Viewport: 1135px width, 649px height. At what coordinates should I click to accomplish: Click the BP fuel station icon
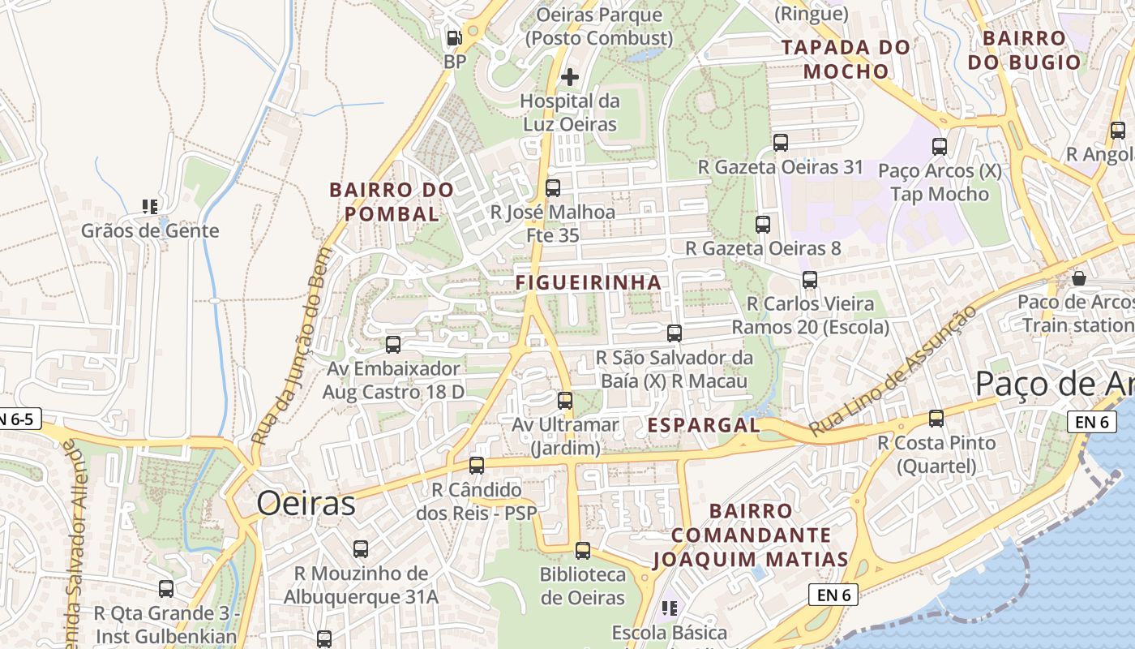click(455, 38)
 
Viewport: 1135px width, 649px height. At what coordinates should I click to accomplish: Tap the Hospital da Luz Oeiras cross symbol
click(570, 77)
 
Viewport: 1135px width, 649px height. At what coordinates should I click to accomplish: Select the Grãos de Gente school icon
click(150, 207)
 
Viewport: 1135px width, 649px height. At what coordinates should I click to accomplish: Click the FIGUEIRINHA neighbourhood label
click(589, 282)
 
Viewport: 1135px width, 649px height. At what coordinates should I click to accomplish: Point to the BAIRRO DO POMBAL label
click(392, 202)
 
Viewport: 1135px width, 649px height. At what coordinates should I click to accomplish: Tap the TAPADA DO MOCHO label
click(846, 59)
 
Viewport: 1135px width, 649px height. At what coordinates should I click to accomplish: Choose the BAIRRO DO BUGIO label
click(1024, 50)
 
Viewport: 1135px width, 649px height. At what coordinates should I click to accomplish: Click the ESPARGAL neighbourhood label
click(704, 425)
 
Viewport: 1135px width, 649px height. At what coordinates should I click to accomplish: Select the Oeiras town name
click(306, 504)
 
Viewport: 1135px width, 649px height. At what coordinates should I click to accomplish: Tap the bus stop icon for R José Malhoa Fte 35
click(553, 188)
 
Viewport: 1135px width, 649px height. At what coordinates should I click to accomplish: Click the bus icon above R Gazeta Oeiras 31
click(781, 143)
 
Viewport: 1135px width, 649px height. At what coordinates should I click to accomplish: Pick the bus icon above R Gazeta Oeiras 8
click(763, 225)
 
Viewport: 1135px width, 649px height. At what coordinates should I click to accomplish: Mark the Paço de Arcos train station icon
click(1079, 278)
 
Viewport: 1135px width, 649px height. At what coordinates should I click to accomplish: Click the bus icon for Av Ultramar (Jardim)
click(565, 400)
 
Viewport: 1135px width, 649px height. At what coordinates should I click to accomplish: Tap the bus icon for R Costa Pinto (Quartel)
click(936, 419)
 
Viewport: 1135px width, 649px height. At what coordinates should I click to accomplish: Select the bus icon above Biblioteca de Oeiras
click(583, 551)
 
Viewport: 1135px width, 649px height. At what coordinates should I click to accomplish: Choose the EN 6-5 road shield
click(18, 419)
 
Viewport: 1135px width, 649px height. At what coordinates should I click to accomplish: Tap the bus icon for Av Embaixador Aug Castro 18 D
click(393, 345)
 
